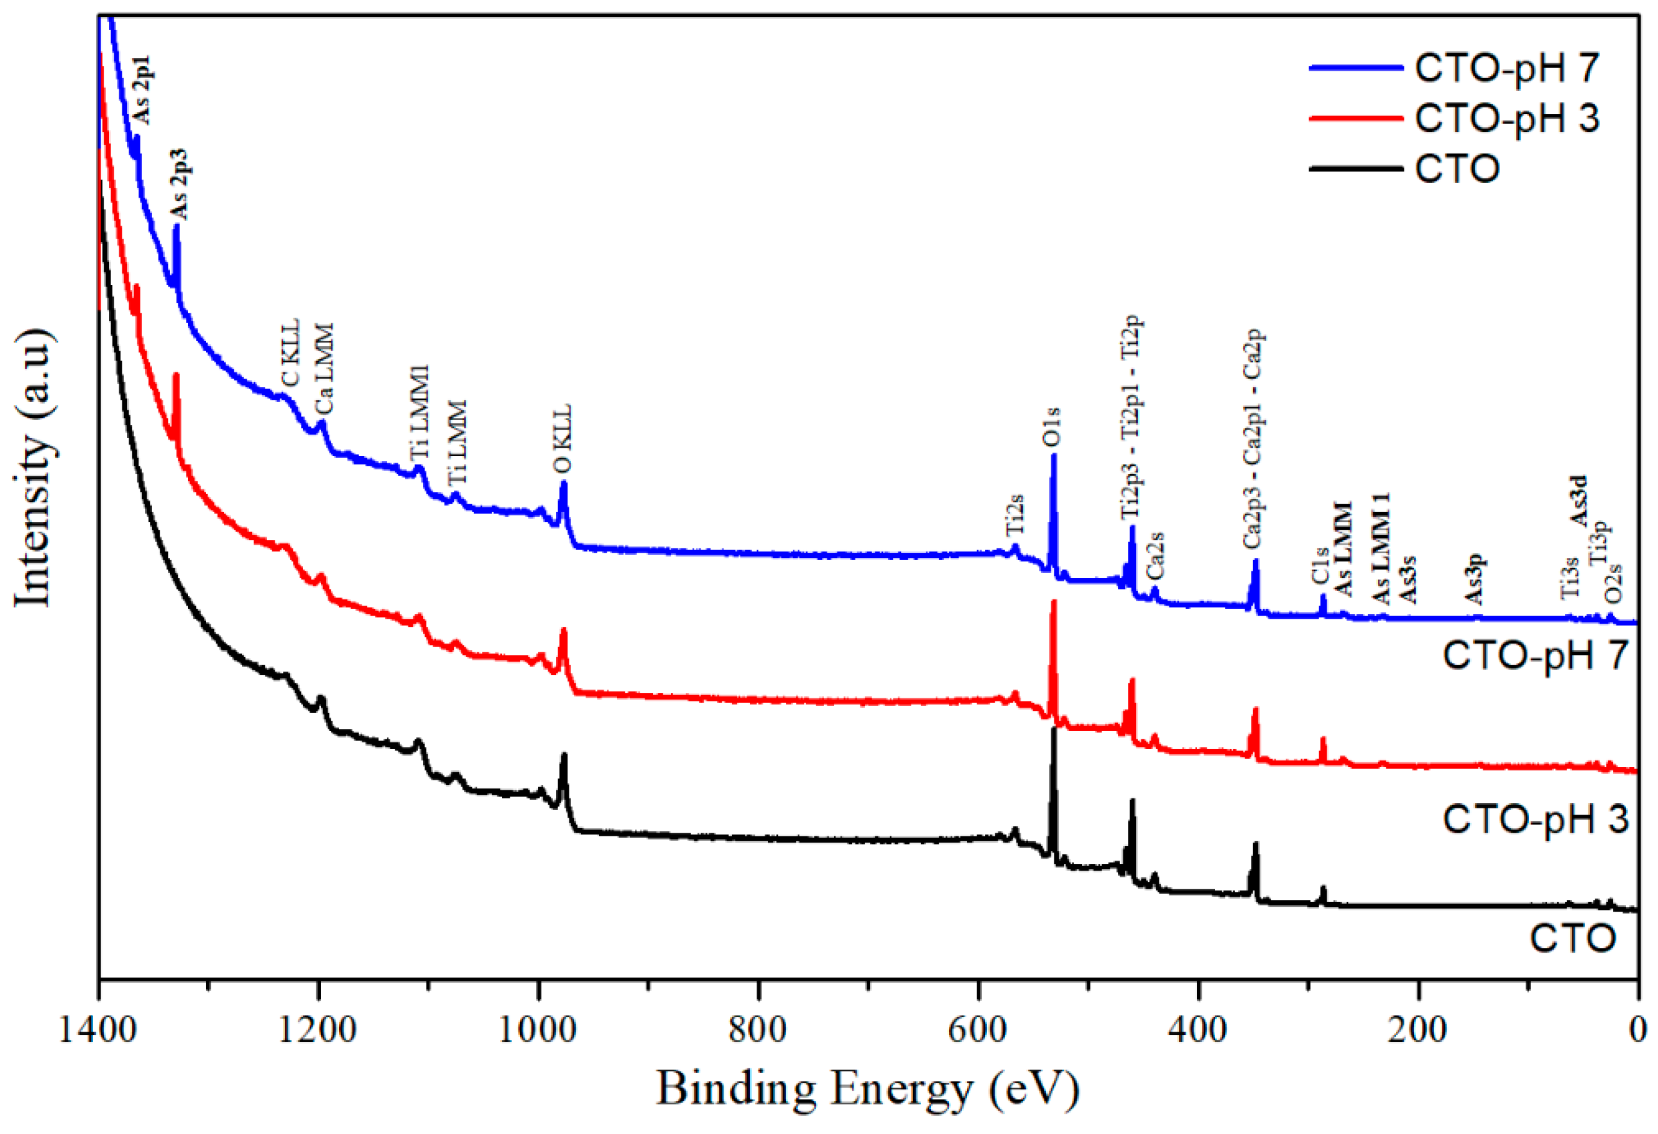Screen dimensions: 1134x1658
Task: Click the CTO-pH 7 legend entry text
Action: point(1506,68)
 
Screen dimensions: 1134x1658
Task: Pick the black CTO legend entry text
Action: point(1457,169)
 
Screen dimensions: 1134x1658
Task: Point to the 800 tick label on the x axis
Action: point(759,1030)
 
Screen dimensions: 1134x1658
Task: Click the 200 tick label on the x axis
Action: point(1418,1030)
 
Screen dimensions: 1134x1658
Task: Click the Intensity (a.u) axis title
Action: point(34,468)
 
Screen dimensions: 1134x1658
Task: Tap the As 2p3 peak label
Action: point(178,184)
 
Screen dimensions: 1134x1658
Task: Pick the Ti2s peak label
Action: point(1015,515)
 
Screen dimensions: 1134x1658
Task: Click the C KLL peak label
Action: point(290,353)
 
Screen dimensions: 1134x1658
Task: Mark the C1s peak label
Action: point(1320,565)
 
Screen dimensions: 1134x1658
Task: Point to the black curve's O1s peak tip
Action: point(1054,728)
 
